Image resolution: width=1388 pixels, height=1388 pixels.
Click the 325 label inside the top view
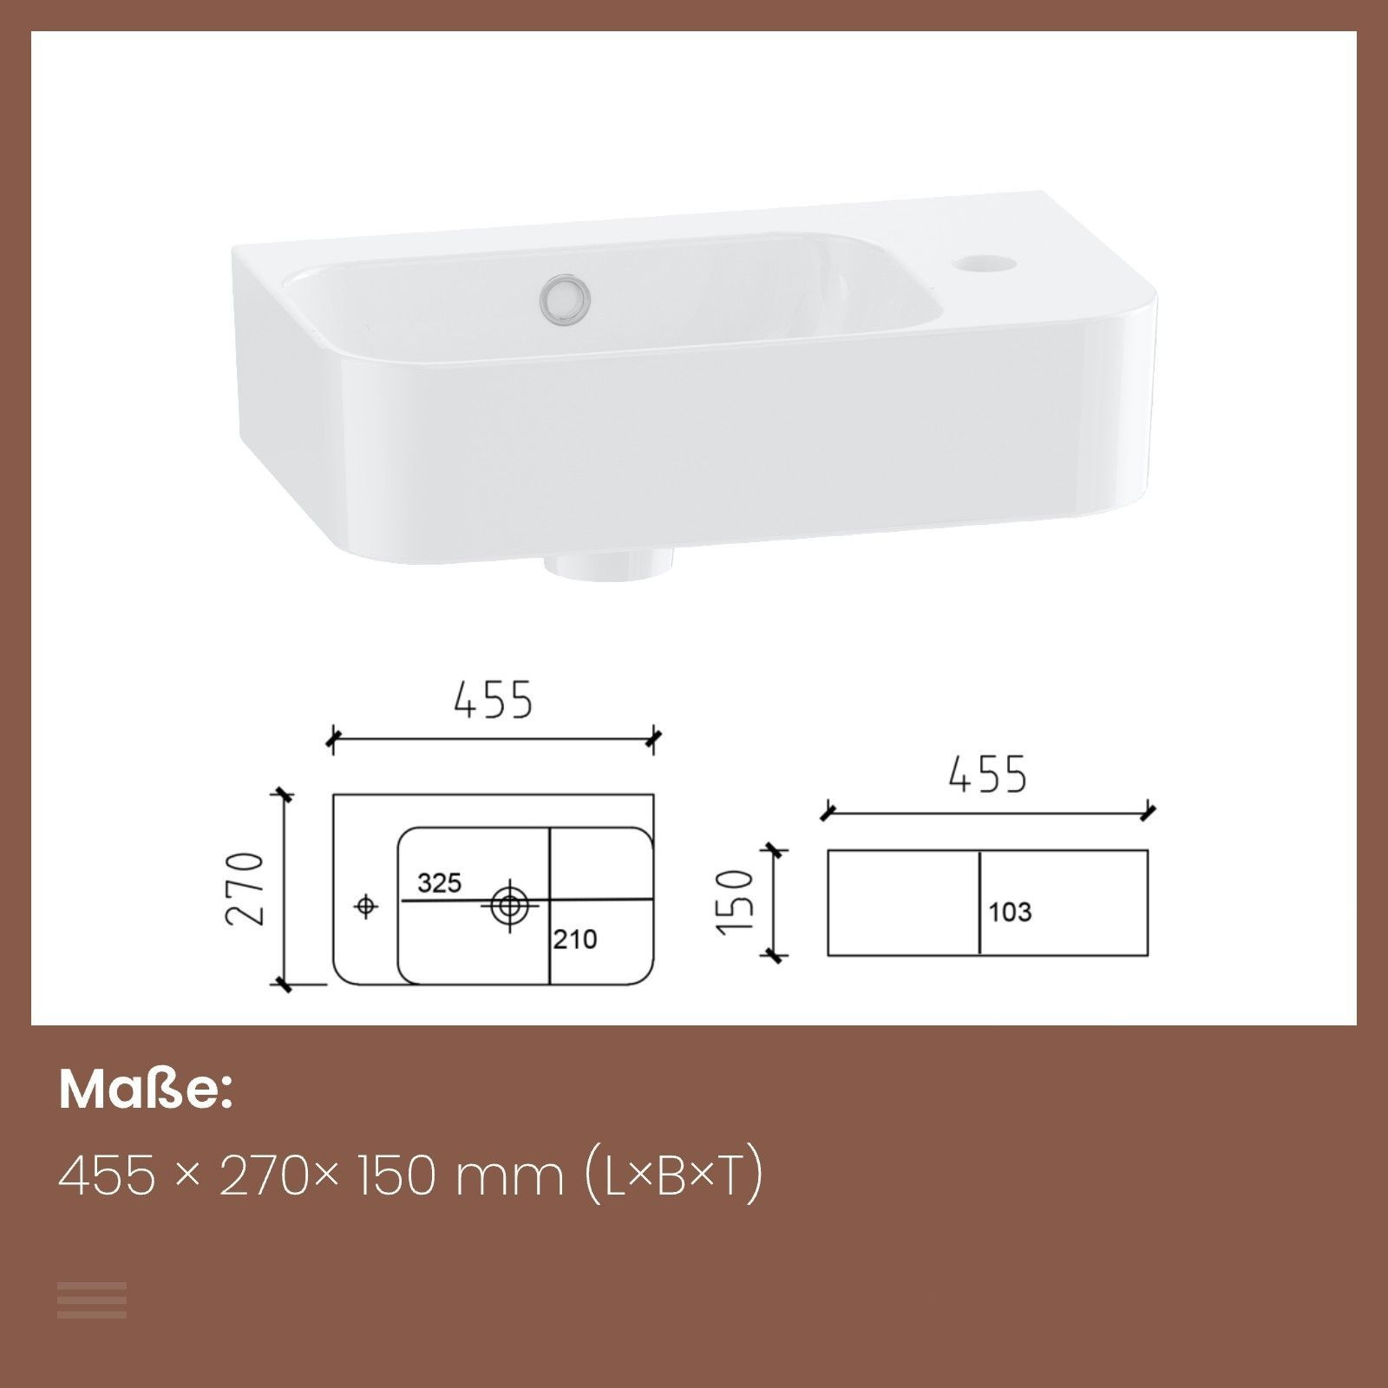point(439,883)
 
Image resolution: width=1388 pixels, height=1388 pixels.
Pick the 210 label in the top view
point(574,939)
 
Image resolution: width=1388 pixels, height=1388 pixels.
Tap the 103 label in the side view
point(1010,912)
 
